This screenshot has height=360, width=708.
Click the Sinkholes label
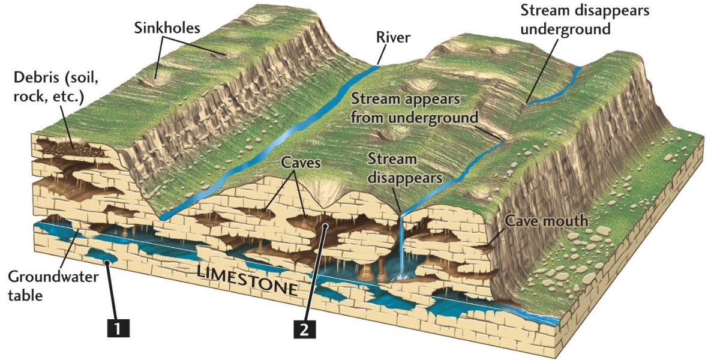167,28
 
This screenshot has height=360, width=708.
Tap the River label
393,37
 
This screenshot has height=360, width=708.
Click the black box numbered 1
118,328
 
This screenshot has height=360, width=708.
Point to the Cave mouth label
547,221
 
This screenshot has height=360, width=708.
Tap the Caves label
301,163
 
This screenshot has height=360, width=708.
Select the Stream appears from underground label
415,108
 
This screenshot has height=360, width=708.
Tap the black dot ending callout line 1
107,262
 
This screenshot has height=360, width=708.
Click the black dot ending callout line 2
325,225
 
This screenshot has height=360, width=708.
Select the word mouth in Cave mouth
566,221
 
